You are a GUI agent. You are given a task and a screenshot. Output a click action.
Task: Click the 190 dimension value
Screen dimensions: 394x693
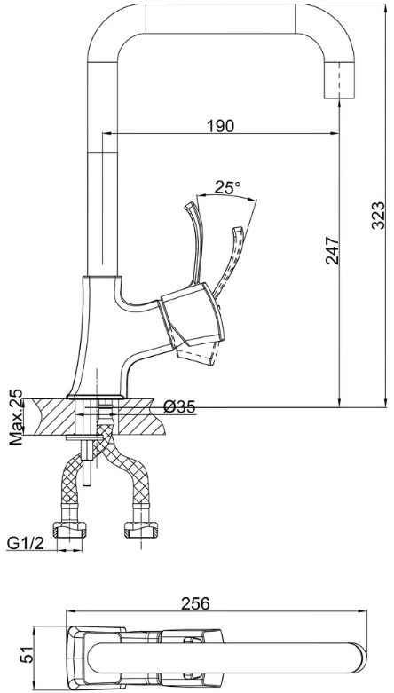[x=220, y=126]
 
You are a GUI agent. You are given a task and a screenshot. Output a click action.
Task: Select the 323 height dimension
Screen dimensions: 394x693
[x=378, y=216]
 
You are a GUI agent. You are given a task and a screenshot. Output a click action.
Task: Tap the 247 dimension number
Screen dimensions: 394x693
[x=332, y=250]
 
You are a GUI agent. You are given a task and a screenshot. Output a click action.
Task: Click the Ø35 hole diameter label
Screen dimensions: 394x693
[x=179, y=407]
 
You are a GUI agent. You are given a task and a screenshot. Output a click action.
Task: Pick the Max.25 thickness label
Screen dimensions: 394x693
[x=16, y=417]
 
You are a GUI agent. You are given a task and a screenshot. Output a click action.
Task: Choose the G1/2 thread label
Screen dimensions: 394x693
[x=25, y=544]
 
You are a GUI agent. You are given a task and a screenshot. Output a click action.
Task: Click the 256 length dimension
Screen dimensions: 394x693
[x=195, y=603]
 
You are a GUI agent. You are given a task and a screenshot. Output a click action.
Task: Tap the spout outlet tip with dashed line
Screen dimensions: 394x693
[x=339, y=80]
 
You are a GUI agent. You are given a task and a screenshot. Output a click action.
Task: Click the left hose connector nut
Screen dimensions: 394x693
[x=69, y=530]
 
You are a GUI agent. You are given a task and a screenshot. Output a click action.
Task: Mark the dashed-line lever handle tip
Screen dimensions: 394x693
[x=238, y=230]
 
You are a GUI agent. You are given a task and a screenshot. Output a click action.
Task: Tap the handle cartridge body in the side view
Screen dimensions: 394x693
[x=193, y=318]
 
